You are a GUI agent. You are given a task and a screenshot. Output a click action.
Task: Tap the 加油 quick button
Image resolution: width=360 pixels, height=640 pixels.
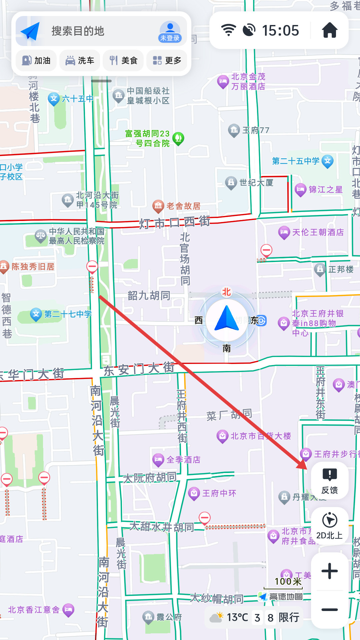tap(36, 61)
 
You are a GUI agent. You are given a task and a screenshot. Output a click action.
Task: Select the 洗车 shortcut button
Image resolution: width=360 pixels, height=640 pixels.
tap(80, 61)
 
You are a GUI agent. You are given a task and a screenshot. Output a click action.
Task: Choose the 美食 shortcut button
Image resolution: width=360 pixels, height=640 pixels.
tap(123, 61)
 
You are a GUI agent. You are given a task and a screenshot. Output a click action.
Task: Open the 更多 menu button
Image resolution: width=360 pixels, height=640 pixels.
tap(167, 61)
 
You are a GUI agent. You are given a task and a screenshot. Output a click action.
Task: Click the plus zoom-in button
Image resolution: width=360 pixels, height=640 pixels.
tap(329, 571)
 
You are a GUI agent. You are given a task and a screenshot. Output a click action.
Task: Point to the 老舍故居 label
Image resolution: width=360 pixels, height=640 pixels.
tap(183, 206)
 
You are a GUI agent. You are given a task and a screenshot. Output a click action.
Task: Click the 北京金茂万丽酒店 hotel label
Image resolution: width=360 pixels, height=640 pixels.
tap(248, 82)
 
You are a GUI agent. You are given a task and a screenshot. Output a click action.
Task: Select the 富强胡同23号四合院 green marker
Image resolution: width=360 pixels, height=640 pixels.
tap(178, 138)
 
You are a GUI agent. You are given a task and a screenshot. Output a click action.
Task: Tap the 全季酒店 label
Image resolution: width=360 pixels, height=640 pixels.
tap(183, 460)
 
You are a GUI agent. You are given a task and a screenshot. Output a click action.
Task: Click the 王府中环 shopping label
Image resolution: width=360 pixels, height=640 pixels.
tap(219, 493)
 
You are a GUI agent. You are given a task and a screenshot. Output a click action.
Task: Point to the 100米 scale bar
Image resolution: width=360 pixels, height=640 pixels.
tap(288, 583)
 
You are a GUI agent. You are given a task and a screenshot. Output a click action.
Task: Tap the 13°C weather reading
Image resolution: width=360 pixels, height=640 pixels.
tap(237, 617)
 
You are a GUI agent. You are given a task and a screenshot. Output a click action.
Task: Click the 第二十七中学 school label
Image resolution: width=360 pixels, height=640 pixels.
tap(68, 314)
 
